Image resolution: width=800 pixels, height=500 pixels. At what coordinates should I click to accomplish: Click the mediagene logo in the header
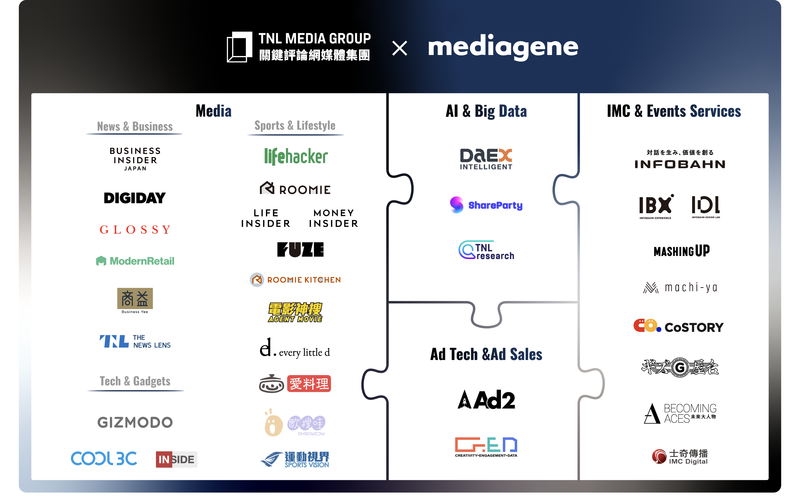click(503, 47)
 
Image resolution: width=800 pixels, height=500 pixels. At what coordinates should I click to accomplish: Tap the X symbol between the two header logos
click(399, 48)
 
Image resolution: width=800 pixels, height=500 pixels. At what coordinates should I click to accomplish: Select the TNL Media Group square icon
click(239, 47)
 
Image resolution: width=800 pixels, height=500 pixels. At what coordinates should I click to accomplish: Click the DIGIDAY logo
click(135, 198)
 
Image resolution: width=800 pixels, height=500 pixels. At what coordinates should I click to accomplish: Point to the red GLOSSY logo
click(135, 229)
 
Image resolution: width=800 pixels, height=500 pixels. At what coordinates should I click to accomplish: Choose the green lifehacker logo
click(296, 157)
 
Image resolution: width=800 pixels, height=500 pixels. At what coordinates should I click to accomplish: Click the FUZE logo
click(300, 249)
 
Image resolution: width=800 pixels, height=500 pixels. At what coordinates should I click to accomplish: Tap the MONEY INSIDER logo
click(333, 218)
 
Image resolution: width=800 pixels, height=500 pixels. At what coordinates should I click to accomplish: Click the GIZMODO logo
click(135, 422)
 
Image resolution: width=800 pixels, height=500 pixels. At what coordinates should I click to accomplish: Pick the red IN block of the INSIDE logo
click(164, 459)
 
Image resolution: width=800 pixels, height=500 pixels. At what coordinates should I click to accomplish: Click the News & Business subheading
click(135, 127)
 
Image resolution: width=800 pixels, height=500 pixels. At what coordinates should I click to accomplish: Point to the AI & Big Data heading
click(486, 111)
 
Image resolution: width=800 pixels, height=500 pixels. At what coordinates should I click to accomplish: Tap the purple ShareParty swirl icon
click(457, 205)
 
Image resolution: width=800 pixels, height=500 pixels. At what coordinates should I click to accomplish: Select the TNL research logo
click(486, 250)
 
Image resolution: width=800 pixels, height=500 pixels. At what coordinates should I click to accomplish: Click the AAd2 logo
click(486, 399)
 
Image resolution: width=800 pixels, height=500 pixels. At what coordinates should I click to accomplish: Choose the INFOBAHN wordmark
click(680, 164)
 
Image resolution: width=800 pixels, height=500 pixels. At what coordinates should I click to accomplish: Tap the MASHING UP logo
click(681, 251)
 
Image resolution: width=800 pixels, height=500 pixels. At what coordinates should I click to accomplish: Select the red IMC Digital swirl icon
click(659, 457)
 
